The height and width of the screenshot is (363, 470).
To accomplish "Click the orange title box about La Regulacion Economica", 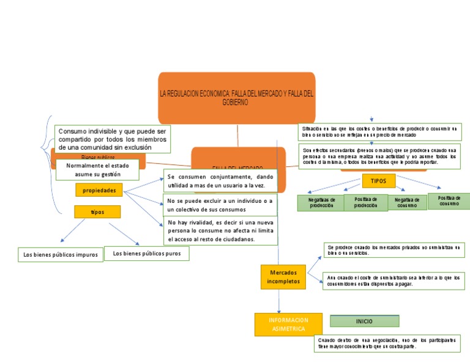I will point(236,98).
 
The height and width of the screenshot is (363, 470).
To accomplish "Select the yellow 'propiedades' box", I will point(99,191).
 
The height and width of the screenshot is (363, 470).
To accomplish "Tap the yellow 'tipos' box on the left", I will point(97,211).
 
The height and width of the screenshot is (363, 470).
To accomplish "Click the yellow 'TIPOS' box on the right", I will point(379,181).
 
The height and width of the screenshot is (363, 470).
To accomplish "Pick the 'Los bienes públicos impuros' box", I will point(60,255).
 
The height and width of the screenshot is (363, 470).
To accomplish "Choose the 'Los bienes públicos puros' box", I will point(147,254).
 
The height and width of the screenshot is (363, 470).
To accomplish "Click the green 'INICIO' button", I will point(364,321).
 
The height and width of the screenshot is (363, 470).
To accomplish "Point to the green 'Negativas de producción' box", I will point(321,203).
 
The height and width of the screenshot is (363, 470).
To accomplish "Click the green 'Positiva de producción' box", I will point(365,202).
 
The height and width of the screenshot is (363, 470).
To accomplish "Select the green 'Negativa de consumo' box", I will point(407,202).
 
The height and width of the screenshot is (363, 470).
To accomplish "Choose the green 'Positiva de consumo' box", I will point(449,200).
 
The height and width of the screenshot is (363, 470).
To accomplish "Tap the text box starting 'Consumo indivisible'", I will point(113,139).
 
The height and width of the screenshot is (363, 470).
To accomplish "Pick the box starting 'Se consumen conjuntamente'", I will point(220,181).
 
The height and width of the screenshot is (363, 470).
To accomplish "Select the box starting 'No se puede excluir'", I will point(220,204).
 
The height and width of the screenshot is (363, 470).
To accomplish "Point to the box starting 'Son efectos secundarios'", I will point(380,156).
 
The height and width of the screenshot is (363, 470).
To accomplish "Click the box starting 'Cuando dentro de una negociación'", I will point(387,343).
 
